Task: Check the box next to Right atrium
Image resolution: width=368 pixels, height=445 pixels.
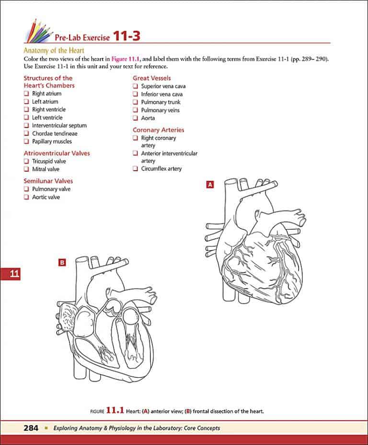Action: [27, 94]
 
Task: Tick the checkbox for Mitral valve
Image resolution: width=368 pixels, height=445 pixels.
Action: [27, 169]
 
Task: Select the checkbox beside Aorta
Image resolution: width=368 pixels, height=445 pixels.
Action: [136, 118]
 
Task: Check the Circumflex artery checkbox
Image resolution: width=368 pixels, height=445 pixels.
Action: [136, 169]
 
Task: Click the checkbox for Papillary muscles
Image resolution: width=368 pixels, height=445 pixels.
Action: [27, 141]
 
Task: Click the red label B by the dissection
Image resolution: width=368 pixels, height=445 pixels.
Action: [62, 262]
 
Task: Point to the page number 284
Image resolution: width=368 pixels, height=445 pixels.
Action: [31, 428]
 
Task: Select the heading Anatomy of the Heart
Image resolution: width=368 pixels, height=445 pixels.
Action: [54, 50]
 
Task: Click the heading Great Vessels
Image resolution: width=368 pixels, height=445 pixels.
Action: [151, 78]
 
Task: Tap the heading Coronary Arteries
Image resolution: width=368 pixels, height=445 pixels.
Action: [158, 130]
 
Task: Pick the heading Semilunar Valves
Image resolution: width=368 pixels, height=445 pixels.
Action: [48, 181]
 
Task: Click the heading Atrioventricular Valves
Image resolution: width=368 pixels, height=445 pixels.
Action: [57, 153]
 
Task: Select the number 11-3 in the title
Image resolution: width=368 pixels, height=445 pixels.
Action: [126, 35]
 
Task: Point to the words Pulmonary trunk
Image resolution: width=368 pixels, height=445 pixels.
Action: [161, 102]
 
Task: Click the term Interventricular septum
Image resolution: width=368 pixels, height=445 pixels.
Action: [59, 126]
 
